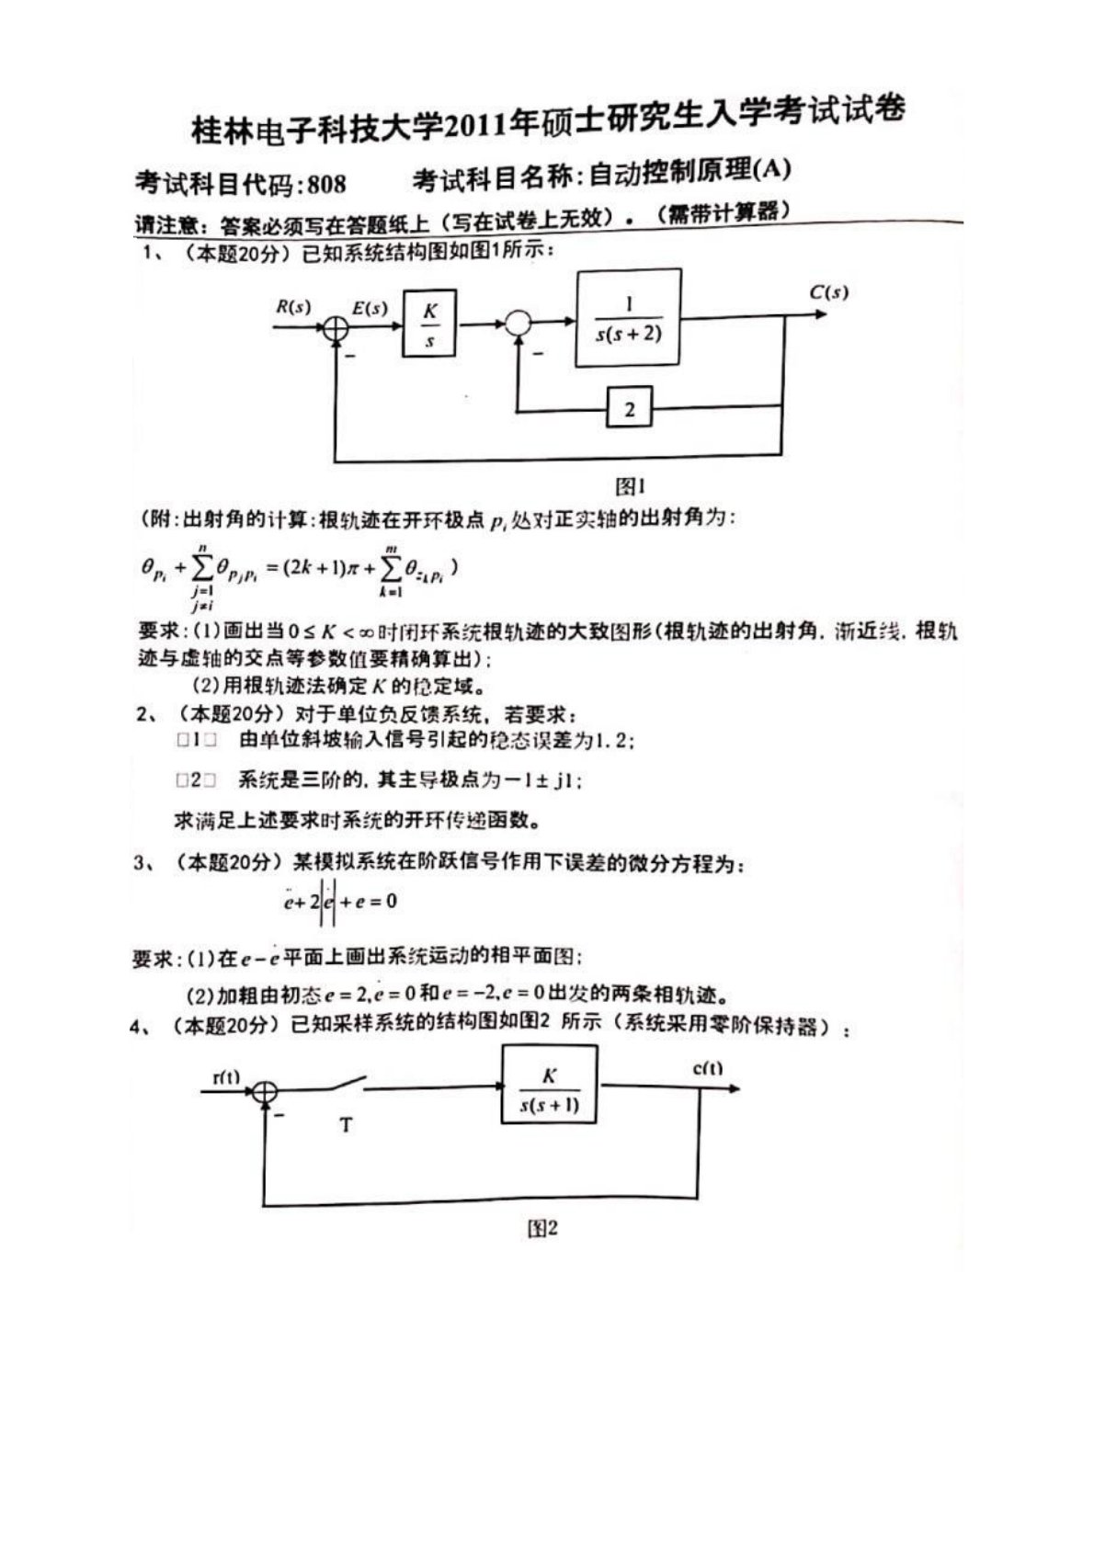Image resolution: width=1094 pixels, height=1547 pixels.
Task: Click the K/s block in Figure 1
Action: point(429,324)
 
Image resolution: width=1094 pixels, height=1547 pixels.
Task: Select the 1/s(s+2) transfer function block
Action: point(629,318)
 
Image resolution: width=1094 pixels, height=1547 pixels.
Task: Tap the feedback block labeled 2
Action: point(629,408)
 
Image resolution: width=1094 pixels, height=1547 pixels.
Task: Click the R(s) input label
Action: point(293,306)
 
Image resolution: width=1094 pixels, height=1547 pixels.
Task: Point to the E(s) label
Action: point(370,308)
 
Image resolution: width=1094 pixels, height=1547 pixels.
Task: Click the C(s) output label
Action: point(828,293)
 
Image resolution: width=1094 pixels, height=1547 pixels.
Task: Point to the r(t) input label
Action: point(226,1076)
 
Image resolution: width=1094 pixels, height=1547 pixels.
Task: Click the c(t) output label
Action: point(708,1068)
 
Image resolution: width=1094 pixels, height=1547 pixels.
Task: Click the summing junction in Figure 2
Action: point(265,1091)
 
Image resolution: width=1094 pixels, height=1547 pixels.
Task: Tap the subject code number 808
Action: point(326,184)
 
